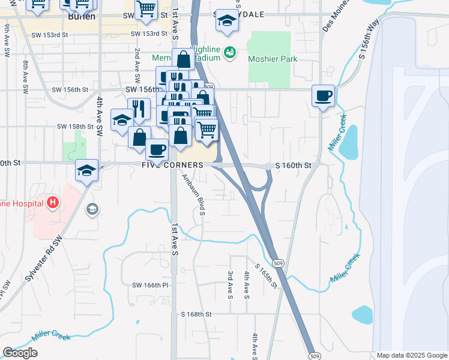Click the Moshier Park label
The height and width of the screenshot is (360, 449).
tap(273, 59)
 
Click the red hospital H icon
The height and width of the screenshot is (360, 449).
tap(53, 203)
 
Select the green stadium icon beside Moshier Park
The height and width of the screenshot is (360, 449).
tap(229, 54)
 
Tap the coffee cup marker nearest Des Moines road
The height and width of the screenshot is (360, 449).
tap(323, 96)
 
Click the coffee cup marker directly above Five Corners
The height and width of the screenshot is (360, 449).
tap(157, 149)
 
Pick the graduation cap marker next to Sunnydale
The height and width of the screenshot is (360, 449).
tap(227, 21)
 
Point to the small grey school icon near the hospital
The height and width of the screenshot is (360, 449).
tap(92, 209)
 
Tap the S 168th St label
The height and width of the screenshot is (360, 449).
tap(196, 314)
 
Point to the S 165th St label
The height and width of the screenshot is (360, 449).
tap(265, 275)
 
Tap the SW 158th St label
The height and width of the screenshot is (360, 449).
tap(76, 127)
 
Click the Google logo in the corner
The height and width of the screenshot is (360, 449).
tap(20, 353)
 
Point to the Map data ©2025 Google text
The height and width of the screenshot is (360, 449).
tap(411, 355)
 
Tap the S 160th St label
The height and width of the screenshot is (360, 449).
tap(294, 165)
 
